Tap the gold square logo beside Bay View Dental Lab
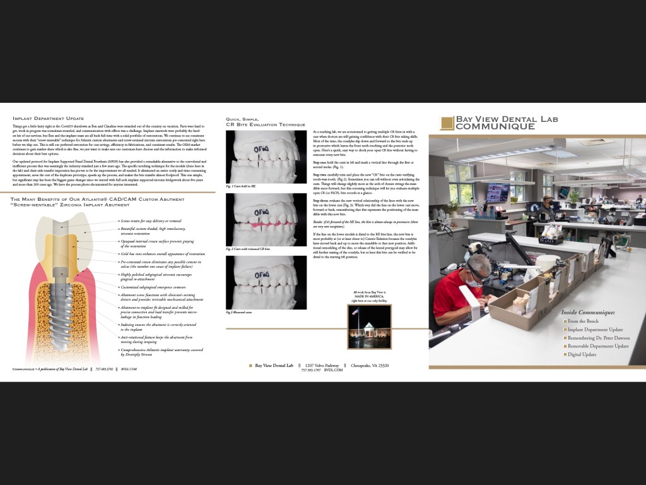(x=447, y=123)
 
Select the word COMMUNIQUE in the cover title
(x=496, y=126)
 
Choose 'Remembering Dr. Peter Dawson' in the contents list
(x=597, y=338)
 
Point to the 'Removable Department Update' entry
(x=598, y=346)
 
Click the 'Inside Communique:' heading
(x=587, y=312)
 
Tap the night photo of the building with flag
(x=369, y=326)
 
